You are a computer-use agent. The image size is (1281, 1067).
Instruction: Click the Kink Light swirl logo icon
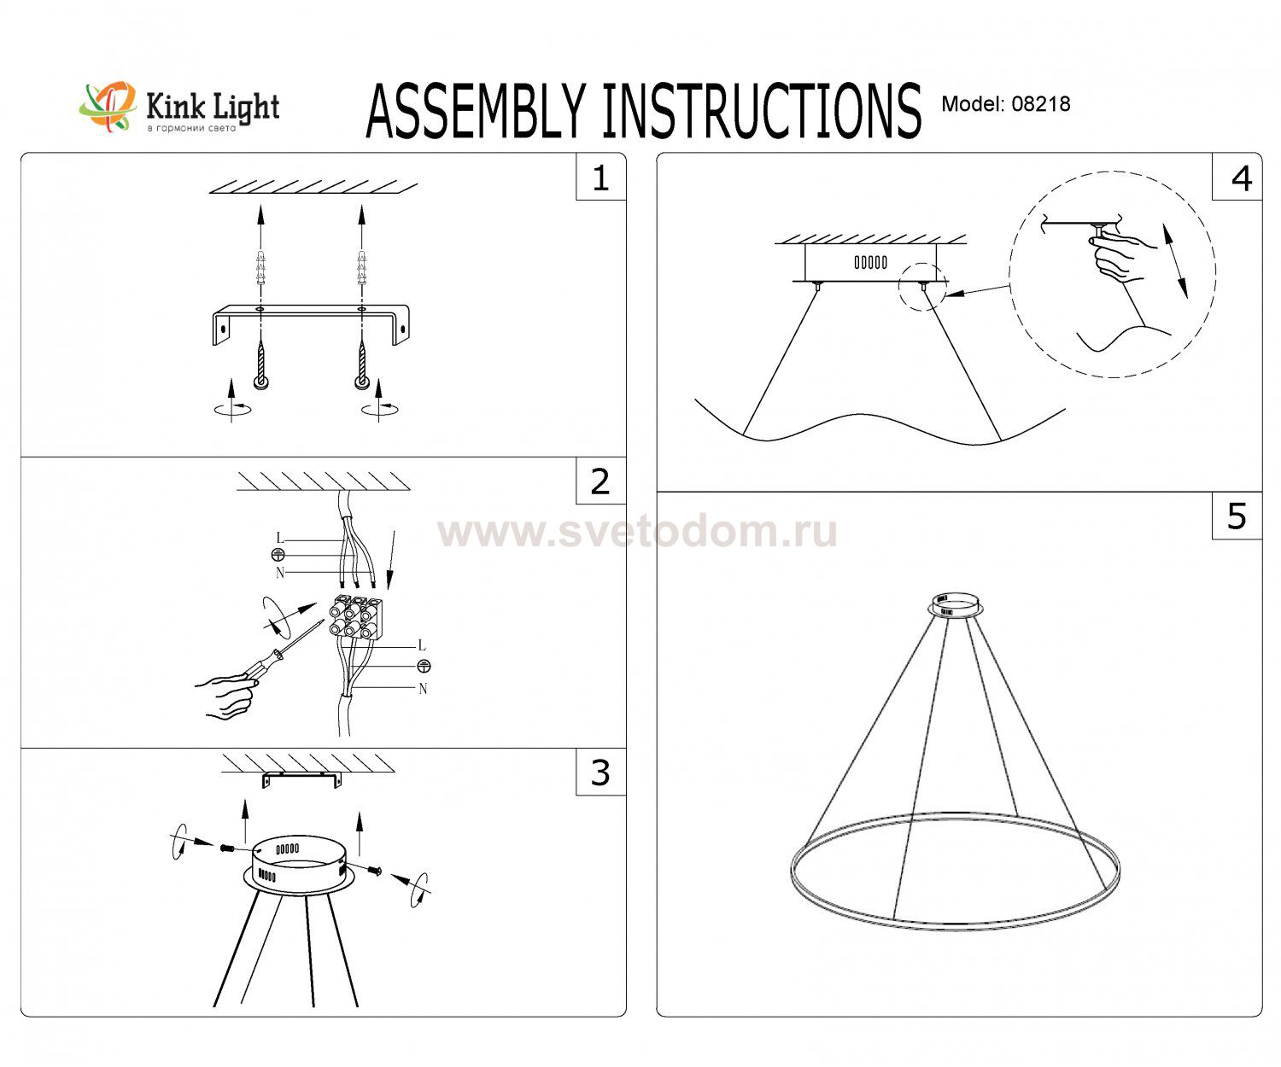tap(108, 106)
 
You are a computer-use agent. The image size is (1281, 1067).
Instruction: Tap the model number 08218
tap(1040, 103)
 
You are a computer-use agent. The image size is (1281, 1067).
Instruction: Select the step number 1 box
tap(600, 177)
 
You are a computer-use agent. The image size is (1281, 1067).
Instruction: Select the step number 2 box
tap(600, 481)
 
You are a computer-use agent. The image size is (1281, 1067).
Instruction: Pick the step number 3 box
tap(600, 772)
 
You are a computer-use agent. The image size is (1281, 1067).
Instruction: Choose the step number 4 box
tap(1237, 177)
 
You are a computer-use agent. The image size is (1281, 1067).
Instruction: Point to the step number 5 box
tap(1237, 516)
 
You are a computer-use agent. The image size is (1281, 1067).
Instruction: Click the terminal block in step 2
tap(356, 617)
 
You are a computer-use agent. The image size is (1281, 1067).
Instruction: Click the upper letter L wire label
tap(280, 538)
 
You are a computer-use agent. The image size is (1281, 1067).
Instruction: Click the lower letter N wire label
tap(423, 689)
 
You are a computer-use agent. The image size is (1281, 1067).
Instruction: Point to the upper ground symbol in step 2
tap(278, 555)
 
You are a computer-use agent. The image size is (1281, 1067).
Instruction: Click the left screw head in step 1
tap(261, 382)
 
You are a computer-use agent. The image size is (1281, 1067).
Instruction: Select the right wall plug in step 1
tap(362, 268)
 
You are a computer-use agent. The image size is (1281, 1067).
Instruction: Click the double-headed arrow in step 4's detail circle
tap(1175, 261)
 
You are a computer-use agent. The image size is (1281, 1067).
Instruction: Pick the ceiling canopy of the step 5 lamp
tap(955, 604)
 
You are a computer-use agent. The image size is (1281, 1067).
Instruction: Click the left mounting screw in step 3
tap(228, 848)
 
